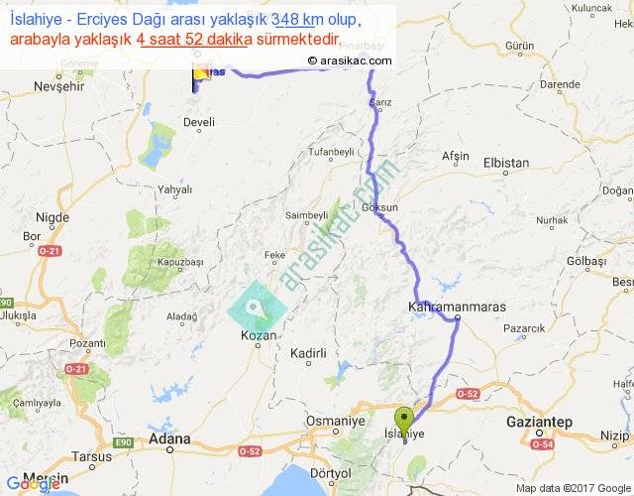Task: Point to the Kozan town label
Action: click(x=259, y=336)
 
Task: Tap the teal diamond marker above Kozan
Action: click(x=257, y=308)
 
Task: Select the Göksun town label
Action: click(x=380, y=208)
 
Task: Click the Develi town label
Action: click(x=199, y=123)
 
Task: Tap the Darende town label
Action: click(x=560, y=85)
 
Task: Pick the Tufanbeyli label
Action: click(x=330, y=152)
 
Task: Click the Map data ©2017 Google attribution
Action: click(x=573, y=487)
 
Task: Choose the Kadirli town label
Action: click(x=308, y=353)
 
